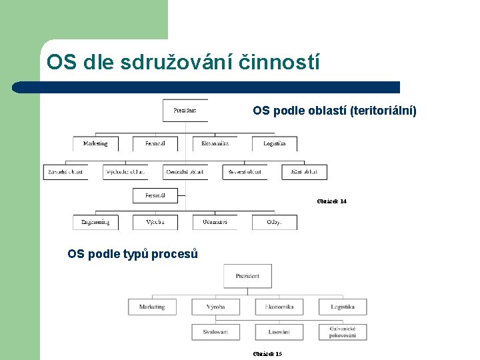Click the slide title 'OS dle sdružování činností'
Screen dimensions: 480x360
183,62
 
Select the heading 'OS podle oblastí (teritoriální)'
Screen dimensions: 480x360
334,111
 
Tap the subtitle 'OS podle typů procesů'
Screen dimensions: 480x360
133,253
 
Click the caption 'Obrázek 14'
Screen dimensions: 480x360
331,201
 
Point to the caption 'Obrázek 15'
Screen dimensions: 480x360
267,353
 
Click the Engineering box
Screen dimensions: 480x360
96,222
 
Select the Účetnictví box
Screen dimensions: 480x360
215,222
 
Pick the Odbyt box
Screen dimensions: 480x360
274,222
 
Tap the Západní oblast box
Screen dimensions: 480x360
66,172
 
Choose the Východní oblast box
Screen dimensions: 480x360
125,172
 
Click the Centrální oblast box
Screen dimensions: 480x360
185,172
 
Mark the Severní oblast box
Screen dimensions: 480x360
245,172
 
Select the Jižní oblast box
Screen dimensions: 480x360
304,172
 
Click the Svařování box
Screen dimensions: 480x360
215,331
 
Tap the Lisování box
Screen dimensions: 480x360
279,331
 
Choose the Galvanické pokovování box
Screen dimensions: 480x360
343,331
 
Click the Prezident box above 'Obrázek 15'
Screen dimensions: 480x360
247,275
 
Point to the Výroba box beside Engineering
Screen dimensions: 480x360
155,222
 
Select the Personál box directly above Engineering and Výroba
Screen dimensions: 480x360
155,195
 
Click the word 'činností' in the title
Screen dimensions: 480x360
283,62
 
